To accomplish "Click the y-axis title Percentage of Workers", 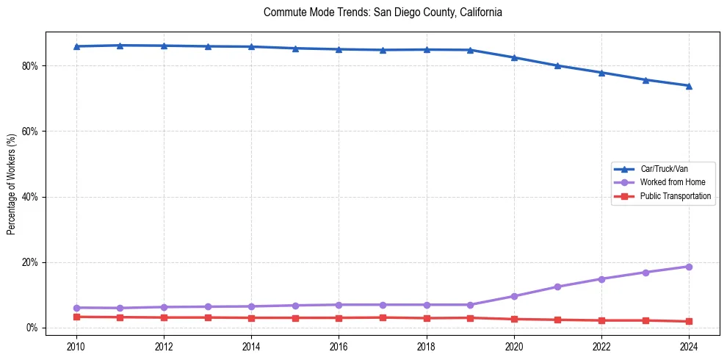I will coord(12,184).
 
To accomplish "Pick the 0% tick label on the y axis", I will coord(32,328).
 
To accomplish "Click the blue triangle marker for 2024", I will coord(689,86).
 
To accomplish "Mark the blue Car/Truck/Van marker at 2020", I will coord(514,57).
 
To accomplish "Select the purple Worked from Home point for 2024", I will coord(689,267).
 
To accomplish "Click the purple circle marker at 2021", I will coord(557,287).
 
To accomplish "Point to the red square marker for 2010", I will coord(76,317).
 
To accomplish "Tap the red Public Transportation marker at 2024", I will coord(689,321).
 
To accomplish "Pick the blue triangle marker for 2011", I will coord(120,46).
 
